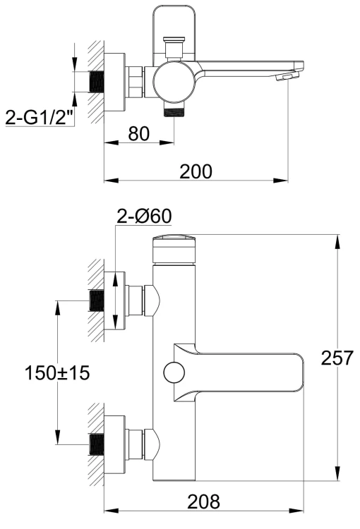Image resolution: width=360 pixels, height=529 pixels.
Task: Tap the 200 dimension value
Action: (196, 171)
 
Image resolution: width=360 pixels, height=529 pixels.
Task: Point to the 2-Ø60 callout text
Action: (144, 218)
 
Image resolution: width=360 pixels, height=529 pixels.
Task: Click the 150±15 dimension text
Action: (56, 372)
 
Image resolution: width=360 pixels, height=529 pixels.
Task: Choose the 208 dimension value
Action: (203, 501)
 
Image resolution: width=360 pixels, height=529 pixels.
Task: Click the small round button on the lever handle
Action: (172, 372)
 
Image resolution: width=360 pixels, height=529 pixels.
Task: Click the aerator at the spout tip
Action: (287, 75)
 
